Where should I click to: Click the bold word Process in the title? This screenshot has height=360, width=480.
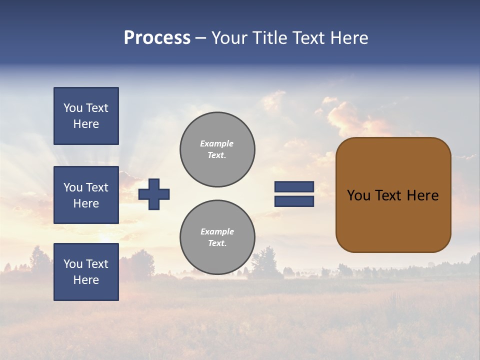[x=157, y=38]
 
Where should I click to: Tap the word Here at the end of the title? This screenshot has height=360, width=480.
[x=348, y=38]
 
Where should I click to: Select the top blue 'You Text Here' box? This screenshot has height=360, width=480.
[x=86, y=116]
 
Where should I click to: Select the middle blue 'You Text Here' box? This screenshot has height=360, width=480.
[x=86, y=195]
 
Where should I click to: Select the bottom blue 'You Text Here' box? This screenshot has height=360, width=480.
[x=86, y=272]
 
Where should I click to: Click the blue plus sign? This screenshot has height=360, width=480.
[x=154, y=194]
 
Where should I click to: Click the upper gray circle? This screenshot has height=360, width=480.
[x=217, y=149]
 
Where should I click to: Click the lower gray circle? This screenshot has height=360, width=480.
[x=217, y=237]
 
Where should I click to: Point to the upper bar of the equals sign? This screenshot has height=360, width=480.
[x=294, y=187]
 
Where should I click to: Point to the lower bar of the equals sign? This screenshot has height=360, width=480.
[x=294, y=201]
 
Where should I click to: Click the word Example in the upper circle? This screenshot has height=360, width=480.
[x=217, y=143]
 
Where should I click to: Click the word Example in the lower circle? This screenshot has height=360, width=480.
[x=217, y=231]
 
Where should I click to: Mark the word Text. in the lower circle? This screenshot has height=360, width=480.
[x=217, y=243]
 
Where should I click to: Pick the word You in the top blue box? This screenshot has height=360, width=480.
[x=73, y=108]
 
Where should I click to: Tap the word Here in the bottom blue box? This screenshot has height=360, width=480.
[x=86, y=280]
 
